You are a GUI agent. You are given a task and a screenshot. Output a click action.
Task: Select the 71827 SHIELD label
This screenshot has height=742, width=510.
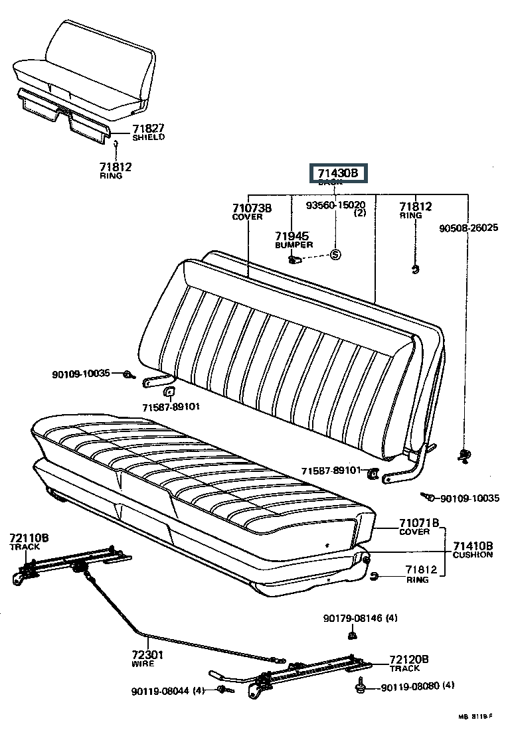pyautogui.click(x=147, y=132)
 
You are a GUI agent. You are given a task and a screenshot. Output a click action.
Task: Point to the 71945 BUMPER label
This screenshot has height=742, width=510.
pyautogui.click(x=294, y=240)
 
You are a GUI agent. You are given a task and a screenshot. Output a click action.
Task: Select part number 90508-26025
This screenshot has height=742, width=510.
pyautogui.click(x=469, y=228)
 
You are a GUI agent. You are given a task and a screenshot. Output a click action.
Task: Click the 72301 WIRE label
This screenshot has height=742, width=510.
pyautogui.click(x=147, y=658)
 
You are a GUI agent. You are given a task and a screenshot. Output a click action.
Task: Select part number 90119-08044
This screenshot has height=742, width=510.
pyautogui.click(x=167, y=690)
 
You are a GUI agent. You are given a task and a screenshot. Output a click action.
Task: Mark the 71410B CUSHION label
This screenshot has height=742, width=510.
pyautogui.click(x=472, y=550)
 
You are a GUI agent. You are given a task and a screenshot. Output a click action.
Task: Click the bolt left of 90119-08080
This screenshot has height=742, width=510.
pyautogui.click(x=361, y=686)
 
